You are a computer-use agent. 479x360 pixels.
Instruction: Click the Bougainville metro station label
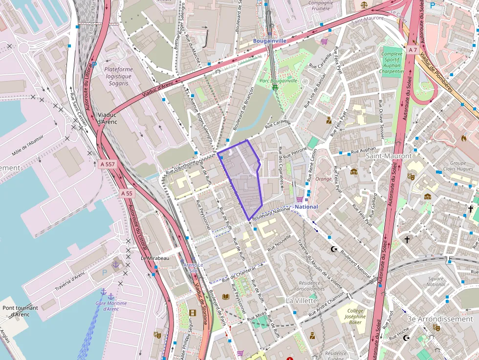(x=269, y=41)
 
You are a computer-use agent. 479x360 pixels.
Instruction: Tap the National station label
(x=306, y=207)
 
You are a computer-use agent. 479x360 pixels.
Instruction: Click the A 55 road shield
(x=126, y=193)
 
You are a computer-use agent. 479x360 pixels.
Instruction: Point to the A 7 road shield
(x=413, y=50)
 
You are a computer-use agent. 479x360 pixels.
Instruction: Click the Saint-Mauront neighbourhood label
(x=389, y=156)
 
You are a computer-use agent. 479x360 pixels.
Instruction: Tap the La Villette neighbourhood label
(x=302, y=300)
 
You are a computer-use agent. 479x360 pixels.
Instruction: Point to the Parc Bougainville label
(x=278, y=81)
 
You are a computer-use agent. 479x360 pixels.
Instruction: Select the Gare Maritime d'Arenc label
(x=111, y=306)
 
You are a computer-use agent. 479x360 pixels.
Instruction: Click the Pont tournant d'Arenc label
(x=20, y=311)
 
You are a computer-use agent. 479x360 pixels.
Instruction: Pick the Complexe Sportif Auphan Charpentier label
(x=392, y=63)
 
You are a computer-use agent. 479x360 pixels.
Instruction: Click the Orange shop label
(x=323, y=179)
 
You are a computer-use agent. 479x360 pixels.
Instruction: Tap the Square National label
(x=436, y=281)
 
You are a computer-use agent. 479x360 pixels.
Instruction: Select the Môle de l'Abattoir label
(x=28, y=145)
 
